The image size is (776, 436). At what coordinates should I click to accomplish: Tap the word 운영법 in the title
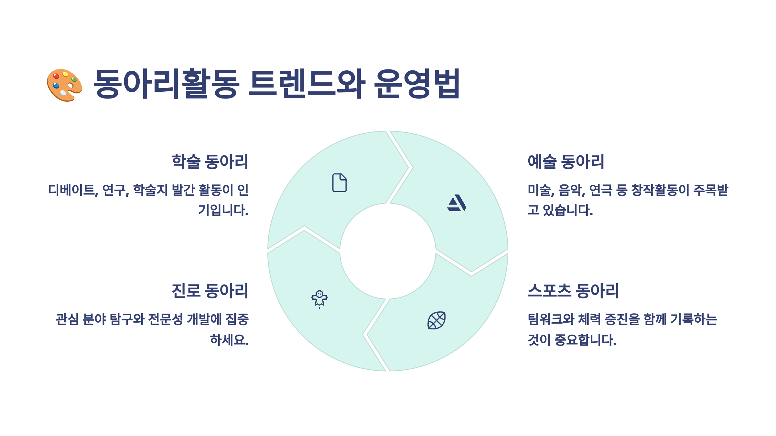click(417, 83)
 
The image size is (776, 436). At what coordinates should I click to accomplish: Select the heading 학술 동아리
click(210, 161)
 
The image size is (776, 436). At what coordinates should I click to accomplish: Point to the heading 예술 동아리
click(566, 161)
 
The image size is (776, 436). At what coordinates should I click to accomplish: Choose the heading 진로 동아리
click(210, 291)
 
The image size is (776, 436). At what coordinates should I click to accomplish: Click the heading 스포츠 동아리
click(573, 291)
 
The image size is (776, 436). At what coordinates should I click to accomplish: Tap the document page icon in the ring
click(339, 183)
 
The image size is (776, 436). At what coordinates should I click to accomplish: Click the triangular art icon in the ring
click(457, 203)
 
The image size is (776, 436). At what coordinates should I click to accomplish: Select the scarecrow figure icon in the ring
click(319, 299)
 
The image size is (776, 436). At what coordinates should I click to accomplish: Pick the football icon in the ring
click(436, 320)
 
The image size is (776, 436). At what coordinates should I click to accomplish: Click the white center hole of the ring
click(388, 251)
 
